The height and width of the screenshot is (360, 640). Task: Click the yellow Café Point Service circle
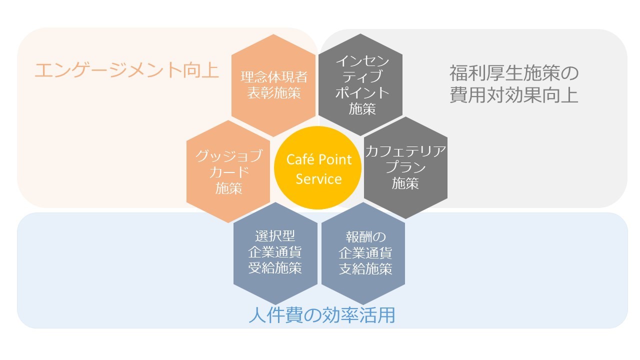pyautogui.click(x=318, y=169)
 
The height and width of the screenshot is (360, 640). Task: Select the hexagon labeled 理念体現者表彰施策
pyautogui.click(x=274, y=85)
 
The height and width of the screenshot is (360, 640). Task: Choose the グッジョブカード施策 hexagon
pyautogui.click(x=228, y=171)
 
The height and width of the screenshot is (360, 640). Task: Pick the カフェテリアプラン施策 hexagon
pyautogui.click(x=405, y=168)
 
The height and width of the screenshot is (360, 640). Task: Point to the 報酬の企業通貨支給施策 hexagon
pyautogui.click(x=363, y=252)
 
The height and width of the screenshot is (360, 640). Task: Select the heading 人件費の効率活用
pyautogui.click(x=321, y=315)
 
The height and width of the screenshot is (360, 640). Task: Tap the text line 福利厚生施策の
pyautogui.click(x=513, y=74)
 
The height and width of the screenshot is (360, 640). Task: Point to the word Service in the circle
pyautogui.click(x=318, y=178)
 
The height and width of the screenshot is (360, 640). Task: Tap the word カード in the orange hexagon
pyautogui.click(x=229, y=172)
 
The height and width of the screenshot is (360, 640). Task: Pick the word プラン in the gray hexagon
pyautogui.click(x=405, y=167)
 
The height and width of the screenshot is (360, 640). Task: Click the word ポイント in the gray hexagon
pyautogui.click(x=362, y=93)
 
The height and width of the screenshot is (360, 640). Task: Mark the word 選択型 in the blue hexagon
pyautogui.click(x=275, y=235)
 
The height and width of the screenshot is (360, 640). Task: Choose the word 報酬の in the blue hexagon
pyautogui.click(x=363, y=236)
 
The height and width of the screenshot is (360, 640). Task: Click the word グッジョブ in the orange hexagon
pyautogui.click(x=229, y=156)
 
